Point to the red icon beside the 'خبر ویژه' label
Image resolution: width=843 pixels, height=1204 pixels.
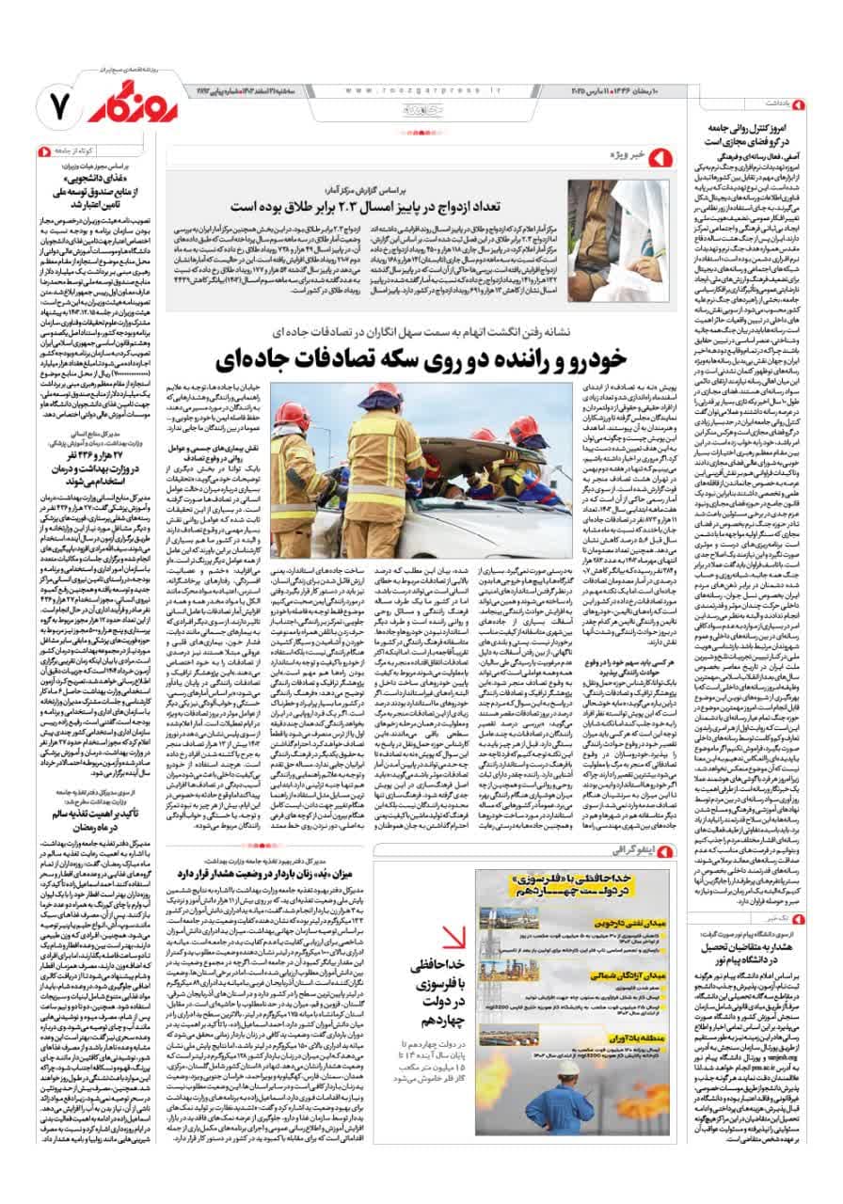663,153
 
